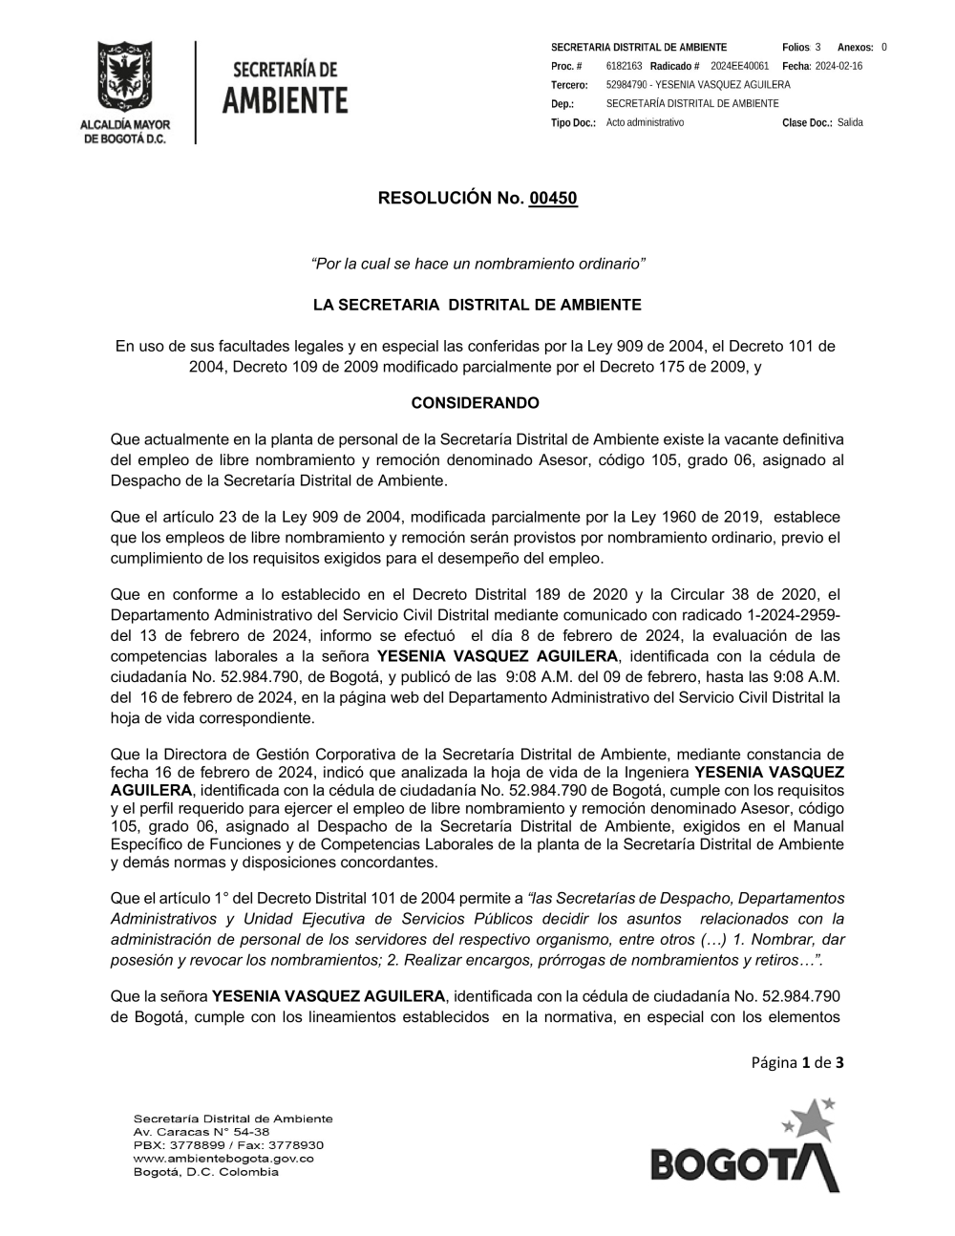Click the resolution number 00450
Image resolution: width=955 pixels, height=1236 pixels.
coord(553,199)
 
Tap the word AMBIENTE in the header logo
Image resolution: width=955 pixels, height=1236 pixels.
coord(285,100)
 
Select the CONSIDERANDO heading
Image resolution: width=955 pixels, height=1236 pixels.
coord(475,403)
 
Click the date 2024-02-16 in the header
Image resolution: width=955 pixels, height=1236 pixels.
coord(838,66)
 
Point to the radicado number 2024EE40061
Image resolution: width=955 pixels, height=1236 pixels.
coord(739,66)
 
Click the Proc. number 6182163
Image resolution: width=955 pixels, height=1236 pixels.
coord(624,66)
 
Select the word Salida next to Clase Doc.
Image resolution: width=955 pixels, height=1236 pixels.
coord(850,123)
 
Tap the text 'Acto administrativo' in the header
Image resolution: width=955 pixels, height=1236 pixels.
coord(645,123)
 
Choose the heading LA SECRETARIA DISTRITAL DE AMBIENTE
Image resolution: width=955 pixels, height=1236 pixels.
coord(477,306)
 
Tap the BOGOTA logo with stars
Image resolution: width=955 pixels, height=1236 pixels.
coord(745,1146)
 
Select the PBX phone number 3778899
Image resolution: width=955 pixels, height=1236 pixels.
coord(194,1145)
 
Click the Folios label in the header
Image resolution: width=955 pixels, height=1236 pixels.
coord(795,47)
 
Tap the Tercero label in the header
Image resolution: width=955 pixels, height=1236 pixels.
coord(569,85)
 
